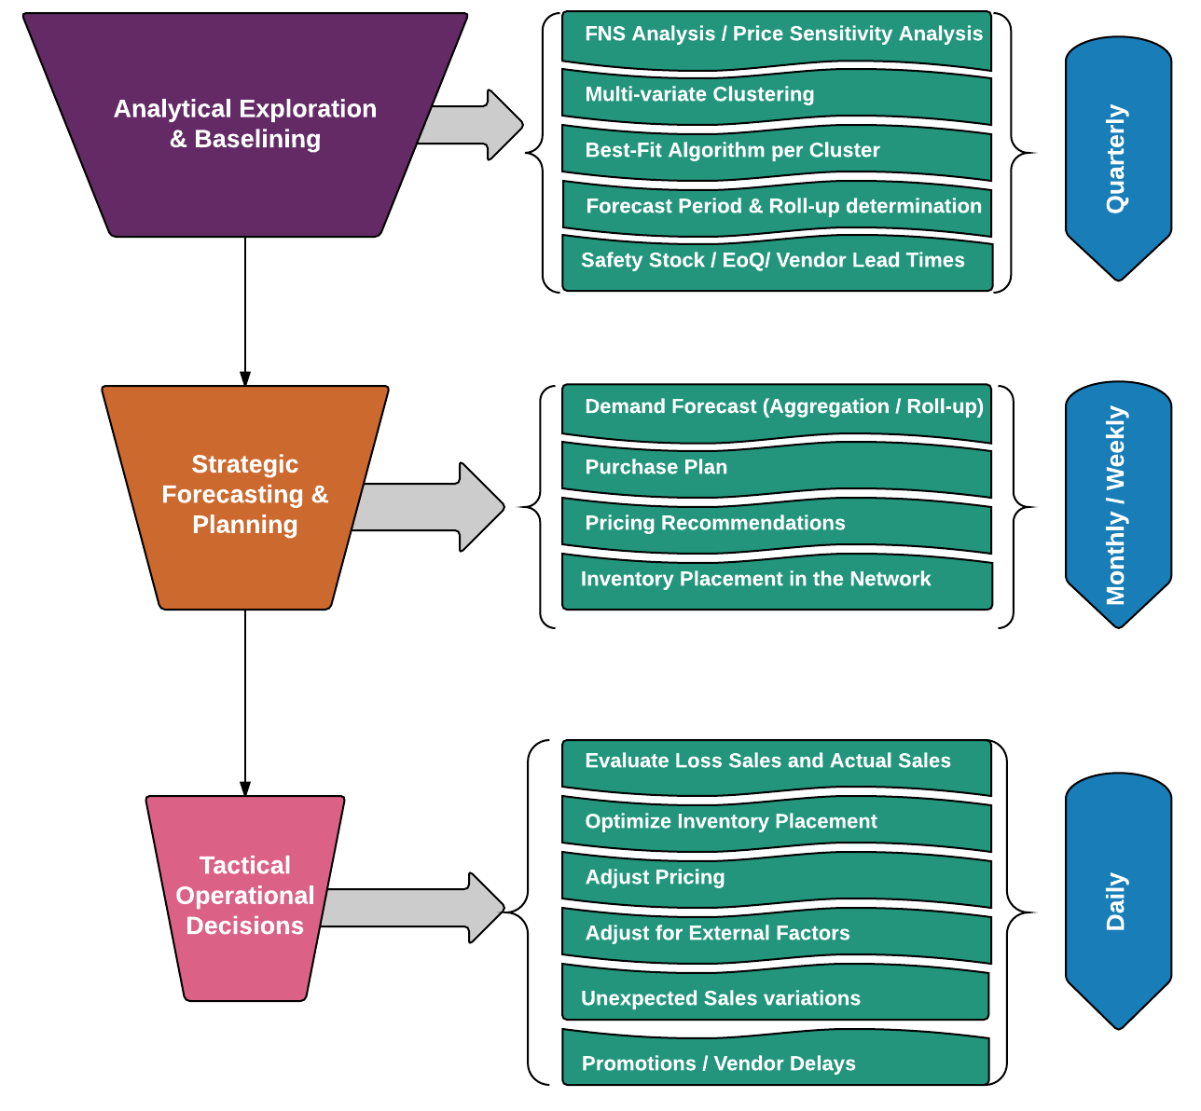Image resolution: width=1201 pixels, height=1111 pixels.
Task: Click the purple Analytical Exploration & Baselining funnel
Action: click(244, 124)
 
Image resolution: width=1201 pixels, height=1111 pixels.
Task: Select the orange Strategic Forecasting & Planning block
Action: click(244, 495)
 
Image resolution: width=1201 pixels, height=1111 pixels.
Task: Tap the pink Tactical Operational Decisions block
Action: click(244, 896)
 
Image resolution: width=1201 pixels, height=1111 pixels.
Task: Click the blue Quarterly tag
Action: click(1117, 158)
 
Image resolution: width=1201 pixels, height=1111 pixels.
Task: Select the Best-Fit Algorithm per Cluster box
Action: click(776, 151)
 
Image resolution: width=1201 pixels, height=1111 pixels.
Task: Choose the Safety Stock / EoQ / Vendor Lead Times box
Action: click(776, 262)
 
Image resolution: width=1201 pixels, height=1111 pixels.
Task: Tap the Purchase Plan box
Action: click(776, 468)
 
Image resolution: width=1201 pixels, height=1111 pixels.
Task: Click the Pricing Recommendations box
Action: click(776, 524)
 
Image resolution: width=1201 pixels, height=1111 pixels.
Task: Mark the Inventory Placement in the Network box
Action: click(776, 581)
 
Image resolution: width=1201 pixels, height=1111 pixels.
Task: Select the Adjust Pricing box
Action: click(776, 878)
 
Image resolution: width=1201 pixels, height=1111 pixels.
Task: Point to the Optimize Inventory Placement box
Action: click(776, 822)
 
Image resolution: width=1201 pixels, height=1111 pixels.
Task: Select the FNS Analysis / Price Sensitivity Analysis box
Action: click(776, 37)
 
